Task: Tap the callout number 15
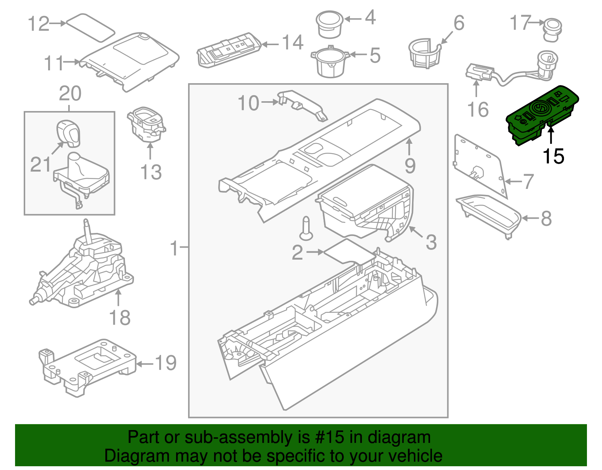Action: pyautogui.click(x=553, y=156)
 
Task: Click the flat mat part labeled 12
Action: pyautogui.click(x=90, y=27)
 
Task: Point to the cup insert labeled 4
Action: pyautogui.click(x=330, y=24)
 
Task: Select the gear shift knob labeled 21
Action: pyautogui.click(x=68, y=133)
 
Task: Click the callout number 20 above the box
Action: pyautogui.click(x=70, y=94)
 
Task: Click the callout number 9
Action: pyautogui.click(x=410, y=166)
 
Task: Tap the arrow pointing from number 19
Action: pyautogui.click(x=145, y=364)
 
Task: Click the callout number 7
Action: pyautogui.click(x=528, y=181)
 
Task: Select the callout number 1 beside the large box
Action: pyautogui.click(x=174, y=248)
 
